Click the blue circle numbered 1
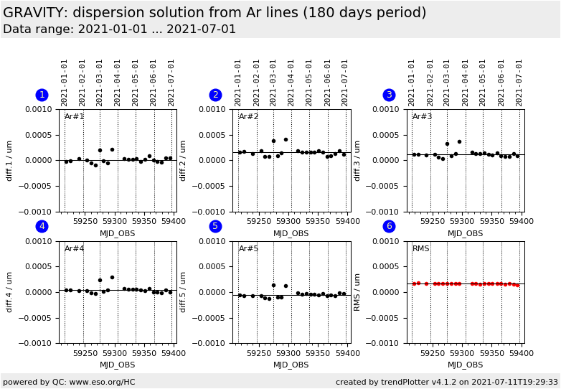[x=42, y=95]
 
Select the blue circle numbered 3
[x=389, y=95]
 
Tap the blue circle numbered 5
[x=215, y=226]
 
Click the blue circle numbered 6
[x=389, y=226]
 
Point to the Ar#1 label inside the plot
[x=74, y=117]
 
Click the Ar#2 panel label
[x=248, y=117]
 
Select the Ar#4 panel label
[x=74, y=249]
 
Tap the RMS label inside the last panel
[x=421, y=249]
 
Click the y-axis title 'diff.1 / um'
[x=10, y=160]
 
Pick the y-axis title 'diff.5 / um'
[x=184, y=292]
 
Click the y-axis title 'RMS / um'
[x=357, y=292]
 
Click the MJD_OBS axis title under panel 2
[x=291, y=233]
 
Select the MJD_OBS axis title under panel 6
[x=466, y=365]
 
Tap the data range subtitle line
[x=119, y=29]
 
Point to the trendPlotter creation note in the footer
[x=446, y=382]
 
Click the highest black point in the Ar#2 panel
[x=286, y=140]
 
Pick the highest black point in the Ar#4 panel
[x=112, y=277]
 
